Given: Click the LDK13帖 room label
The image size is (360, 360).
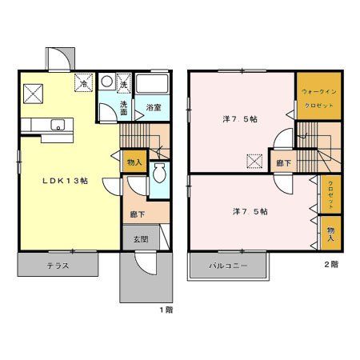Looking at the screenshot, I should click(65, 181).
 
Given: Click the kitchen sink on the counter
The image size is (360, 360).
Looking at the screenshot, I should click(56, 124).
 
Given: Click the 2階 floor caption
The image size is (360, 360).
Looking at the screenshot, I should click(330, 263).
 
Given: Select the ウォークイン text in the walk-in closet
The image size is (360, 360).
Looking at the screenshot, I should click(317, 92).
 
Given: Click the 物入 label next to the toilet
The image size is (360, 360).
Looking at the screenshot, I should click(134, 162).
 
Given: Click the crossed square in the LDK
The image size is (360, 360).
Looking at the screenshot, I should click(34, 94).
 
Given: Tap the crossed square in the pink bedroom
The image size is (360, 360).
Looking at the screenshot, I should click(254, 161).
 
